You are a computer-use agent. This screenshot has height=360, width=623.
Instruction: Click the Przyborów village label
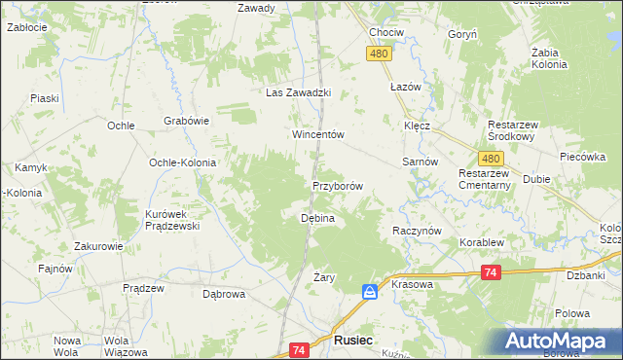click(x=338, y=186)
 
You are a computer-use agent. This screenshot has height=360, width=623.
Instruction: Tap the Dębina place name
click(x=316, y=219)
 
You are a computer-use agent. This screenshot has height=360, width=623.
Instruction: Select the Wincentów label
click(x=319, y=135)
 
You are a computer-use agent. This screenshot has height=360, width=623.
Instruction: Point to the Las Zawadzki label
click(x=301, y=93)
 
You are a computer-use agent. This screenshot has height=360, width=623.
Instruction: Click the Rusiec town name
click(x=351, y=342)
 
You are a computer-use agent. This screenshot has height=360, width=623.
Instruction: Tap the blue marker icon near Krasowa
click(x=370, y=291)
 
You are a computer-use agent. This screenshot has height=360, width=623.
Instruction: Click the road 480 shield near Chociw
click(x=381, y=54)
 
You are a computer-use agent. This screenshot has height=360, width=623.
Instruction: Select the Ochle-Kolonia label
click(x=181, y=162)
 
